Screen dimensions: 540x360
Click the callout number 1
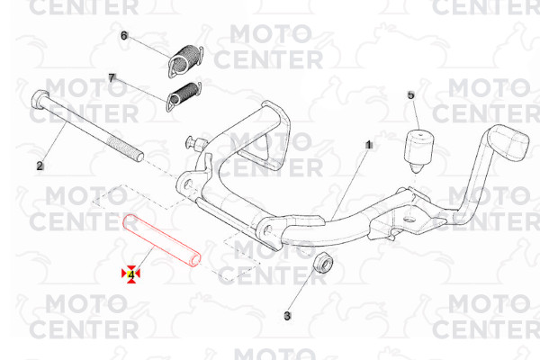369,145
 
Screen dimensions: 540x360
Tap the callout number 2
40,166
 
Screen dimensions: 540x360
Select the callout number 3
287,316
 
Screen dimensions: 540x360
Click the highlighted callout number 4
130,274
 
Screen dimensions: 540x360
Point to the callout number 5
411,95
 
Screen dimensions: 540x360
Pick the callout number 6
124,35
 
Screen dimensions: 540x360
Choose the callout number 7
111,78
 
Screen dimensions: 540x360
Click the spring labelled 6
185,61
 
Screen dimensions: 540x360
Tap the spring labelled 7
184,96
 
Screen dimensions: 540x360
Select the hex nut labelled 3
324,263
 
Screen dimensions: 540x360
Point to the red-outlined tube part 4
162,241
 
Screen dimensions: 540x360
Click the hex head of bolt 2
39,99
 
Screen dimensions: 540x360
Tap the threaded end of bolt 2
127,148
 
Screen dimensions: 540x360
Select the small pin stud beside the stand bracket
195,142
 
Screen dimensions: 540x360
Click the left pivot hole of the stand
187,184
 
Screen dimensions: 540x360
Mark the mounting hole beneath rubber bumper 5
409,219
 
